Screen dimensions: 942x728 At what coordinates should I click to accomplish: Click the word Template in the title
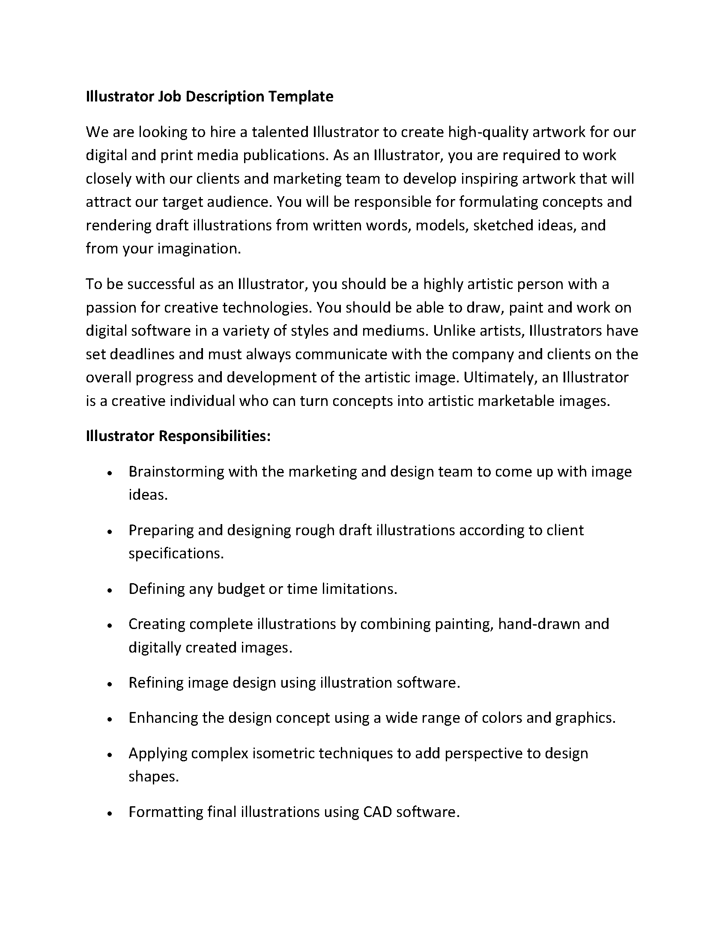pos(301,96)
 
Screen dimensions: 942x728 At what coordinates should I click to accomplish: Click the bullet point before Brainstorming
pos(110,473)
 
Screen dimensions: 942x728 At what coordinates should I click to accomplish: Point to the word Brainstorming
pos(176,472)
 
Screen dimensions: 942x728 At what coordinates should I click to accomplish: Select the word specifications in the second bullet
pos(176,554)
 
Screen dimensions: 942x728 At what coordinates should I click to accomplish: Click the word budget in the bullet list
pos(241,589)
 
